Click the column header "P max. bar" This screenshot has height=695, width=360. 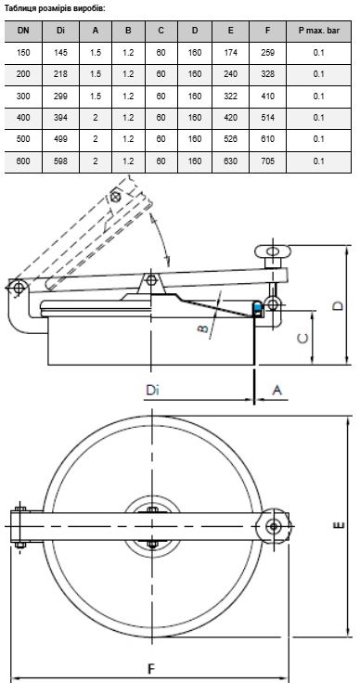pyautogui.click(x=318, y=31)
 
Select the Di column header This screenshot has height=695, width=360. pyautogui.click(x=60, y=31)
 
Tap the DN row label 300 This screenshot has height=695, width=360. pyautogui.click(x=23, y=96)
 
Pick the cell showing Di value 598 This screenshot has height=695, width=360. pyautogui.click(x=60, y=161)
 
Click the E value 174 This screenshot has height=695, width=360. pyautogui.click(x=230, y=52)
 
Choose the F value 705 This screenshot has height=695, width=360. pyautogui.click(x=268, y=161)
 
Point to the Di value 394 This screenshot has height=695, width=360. pyautogui.click(x=60, y=118)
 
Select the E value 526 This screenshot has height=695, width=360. pyautogui.click(x=230, y=139)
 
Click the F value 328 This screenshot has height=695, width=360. pyautogui.click(x=268, y=74)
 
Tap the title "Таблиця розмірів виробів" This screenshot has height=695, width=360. pyautogui.click(x=55, y=8)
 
